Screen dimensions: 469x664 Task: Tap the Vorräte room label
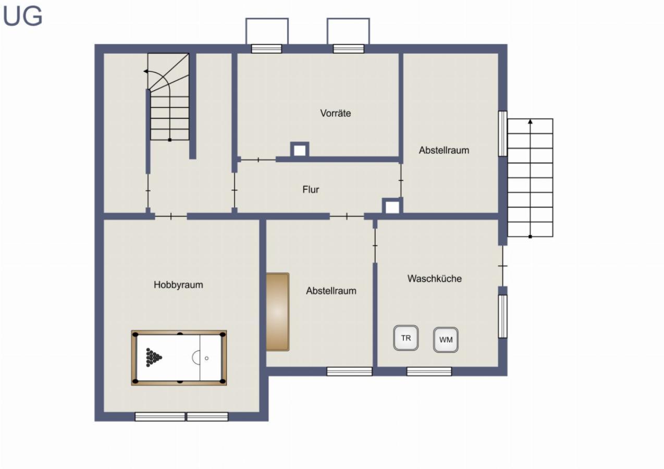(335, 113)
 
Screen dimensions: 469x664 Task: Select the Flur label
(311, 190)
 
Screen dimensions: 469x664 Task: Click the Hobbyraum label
(178, 285)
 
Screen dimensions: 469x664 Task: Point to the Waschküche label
(434, 279)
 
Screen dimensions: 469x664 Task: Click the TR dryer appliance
(406, 338)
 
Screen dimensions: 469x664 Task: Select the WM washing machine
(446, 340)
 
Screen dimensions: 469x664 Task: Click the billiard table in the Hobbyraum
(179, 357)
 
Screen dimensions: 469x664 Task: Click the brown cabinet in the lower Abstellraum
(277, 312)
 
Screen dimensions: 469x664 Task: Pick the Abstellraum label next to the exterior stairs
(444, 151)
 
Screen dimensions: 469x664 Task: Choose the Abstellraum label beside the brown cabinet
(331, 291)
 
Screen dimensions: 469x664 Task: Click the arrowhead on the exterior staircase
(530, 122)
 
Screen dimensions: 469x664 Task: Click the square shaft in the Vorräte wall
(299, 150)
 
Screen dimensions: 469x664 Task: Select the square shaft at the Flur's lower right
(392, 206)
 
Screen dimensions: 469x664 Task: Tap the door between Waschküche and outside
(502, 266)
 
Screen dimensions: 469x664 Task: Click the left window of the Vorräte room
(266, 49)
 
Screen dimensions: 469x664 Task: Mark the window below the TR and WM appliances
(429, 372)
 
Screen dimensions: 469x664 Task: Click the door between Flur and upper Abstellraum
(401, 180)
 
